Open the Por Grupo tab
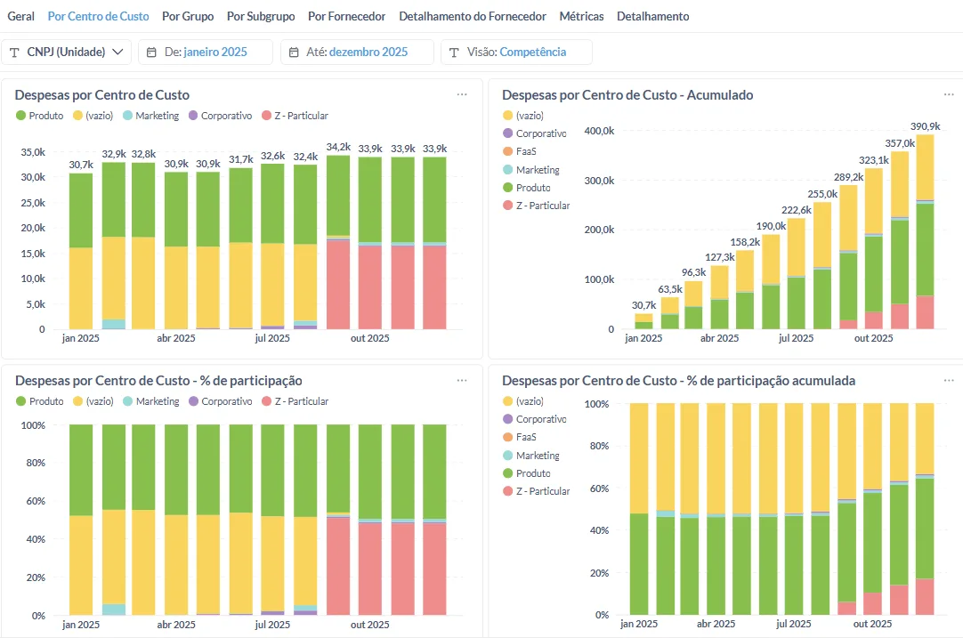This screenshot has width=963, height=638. coord(188,17)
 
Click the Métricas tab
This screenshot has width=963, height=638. coord(581,17)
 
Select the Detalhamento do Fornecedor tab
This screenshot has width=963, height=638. coord(473,17)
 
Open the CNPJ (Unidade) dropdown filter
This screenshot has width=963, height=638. coord(67,52)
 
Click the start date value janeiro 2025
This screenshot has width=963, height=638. coord(215,52)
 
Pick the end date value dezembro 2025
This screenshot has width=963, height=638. coord(368,52)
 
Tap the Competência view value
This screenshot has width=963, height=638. coord(532,52)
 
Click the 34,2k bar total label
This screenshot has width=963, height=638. coord(338,148)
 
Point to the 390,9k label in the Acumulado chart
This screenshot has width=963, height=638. coord(925,126)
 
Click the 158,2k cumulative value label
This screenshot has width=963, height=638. coord(745,242)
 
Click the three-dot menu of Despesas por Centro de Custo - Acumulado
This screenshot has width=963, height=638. coord(949,94)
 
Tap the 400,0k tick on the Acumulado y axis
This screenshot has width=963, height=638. coord(599,131)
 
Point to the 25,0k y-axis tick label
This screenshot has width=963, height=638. coord(33,203)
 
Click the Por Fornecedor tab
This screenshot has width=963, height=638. coord(346,17)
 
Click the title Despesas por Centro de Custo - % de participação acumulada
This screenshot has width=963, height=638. coord(679,381)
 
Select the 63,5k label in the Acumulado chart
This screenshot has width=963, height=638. coord(670,289)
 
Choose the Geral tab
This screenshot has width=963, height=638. coord(20,17)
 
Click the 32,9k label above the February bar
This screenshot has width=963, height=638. coord(114,154)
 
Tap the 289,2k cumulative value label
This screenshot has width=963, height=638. coord(848,177)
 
